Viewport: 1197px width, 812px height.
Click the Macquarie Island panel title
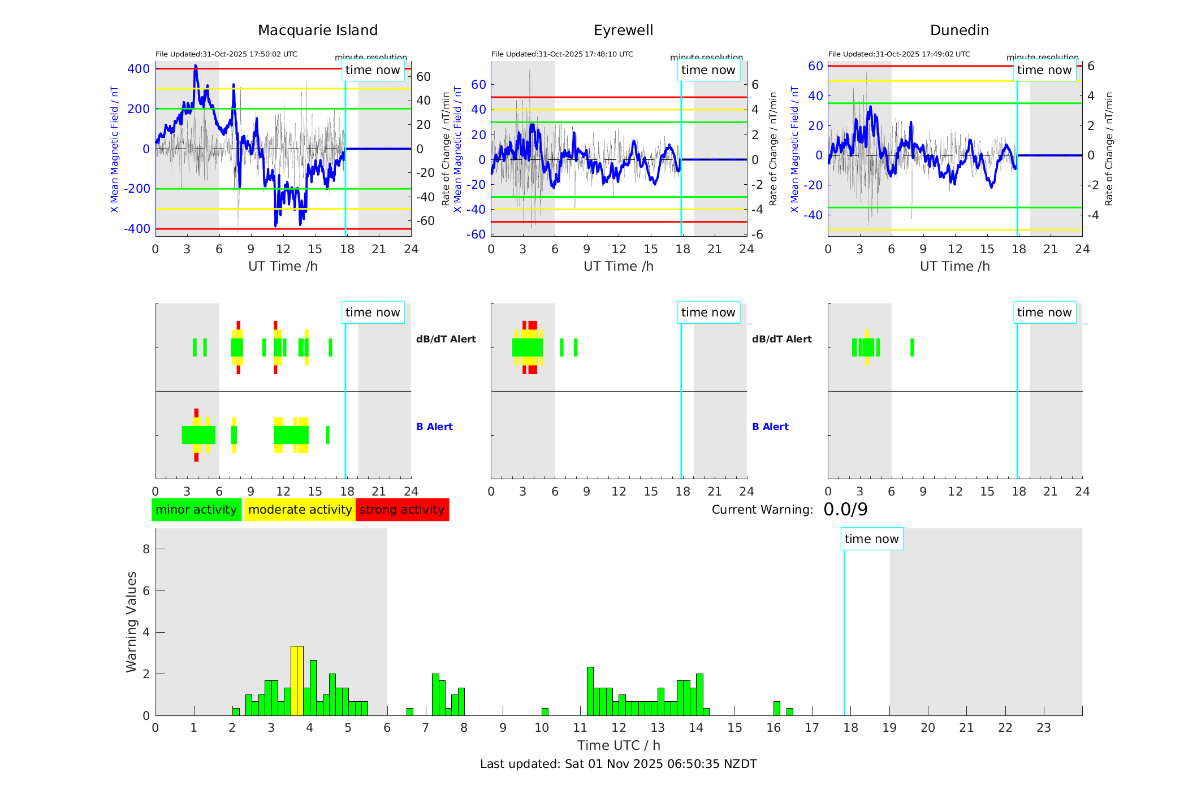[317, 31]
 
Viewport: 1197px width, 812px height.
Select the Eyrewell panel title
[623, 31]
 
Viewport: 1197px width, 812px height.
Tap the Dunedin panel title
[959, 31]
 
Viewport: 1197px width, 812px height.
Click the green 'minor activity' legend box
[196, 510]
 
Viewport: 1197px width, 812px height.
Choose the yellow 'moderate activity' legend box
[300, 510]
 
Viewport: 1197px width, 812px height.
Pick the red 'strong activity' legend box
[402, 510]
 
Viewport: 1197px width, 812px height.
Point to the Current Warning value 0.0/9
[845, 510]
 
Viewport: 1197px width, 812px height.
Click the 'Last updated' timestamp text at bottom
[618, 764]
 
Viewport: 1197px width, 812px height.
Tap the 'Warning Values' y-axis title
[132, 622]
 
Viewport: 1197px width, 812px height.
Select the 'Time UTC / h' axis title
[619, 745]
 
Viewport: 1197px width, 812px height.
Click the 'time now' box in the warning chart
[871, 539]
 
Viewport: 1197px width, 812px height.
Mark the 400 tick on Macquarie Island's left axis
[139, 69]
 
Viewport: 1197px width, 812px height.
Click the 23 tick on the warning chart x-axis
[1043, 728]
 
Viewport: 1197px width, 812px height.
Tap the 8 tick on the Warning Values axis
[146, 549]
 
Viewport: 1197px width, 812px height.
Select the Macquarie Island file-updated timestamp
[226, 54]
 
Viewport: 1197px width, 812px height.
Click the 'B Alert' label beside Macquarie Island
[434, 427]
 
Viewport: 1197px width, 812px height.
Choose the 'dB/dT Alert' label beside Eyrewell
[781, 339]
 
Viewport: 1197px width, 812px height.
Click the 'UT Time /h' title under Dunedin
[954, 266]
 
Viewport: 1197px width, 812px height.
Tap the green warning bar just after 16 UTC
[777, 709]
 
